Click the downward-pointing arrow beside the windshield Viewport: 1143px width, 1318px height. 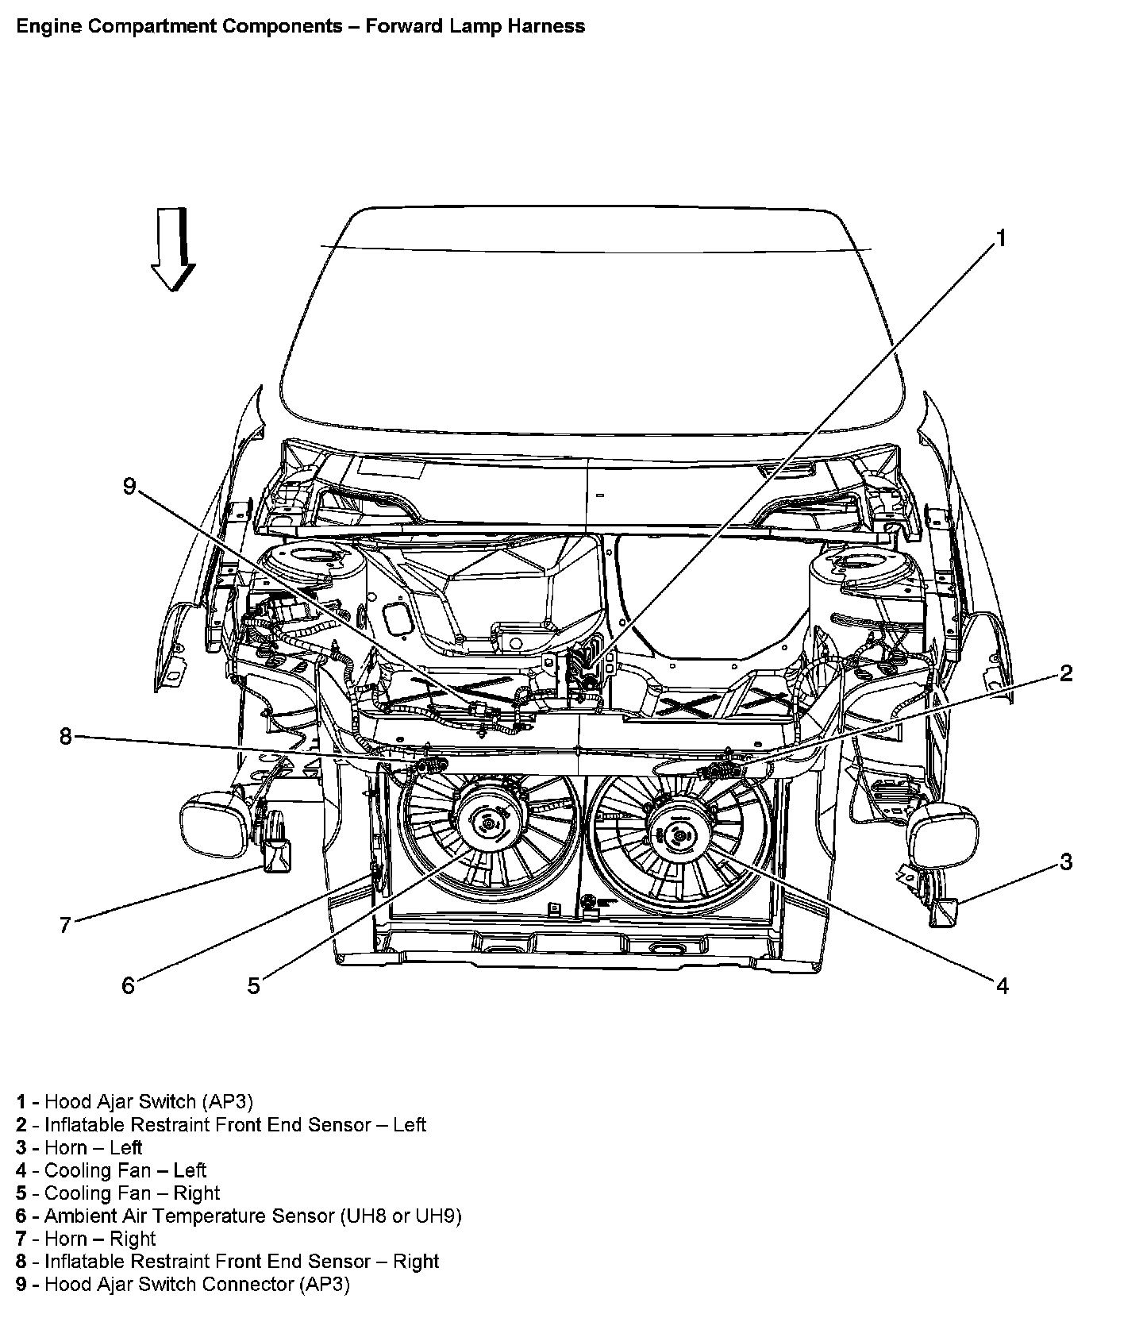coord(173,249)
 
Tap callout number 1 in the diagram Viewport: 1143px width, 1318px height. coord(1001,238)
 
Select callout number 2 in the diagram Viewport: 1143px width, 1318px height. coord(1066,673)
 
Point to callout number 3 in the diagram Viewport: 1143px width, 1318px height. coord(1066,861)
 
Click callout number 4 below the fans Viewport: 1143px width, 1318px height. coord(1002,985)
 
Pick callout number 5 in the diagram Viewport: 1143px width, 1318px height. coord(253,986)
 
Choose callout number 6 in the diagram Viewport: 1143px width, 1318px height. coord(128,985)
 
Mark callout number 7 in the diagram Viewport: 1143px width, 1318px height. coord(65,924)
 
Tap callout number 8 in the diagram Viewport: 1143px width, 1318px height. coord(65,737)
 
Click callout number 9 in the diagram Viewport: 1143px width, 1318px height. coord(129,486)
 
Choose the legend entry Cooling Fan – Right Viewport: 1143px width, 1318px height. coord(132,1193)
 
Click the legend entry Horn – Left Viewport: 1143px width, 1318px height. coord(93,1147)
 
